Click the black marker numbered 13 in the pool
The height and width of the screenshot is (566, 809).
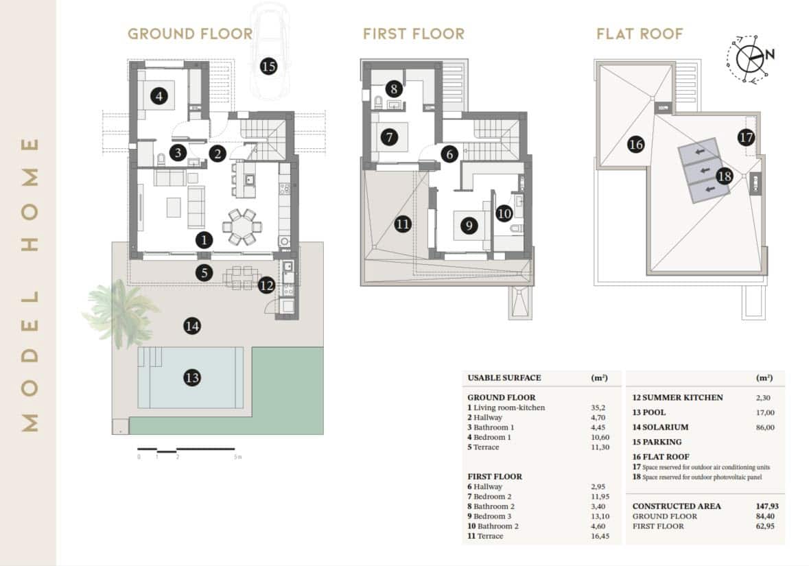pos(192,378)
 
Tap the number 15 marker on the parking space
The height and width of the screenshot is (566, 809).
pos(268,67)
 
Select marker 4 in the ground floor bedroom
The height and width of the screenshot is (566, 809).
pos(159,96)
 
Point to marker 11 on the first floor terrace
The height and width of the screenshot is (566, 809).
pos(402,224)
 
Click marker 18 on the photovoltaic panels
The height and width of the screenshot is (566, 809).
pos(725,176)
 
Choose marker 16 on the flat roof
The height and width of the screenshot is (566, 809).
pos(635,145)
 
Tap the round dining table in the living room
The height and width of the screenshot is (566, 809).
pos(242,226)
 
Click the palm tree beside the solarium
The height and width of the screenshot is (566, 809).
pos(119,313)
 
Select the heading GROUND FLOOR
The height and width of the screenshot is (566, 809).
pos(190,34)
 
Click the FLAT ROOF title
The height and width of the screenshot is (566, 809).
pos(640,34)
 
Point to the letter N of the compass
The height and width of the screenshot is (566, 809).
pos(770,54)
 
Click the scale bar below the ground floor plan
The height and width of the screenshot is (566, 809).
pos(186,449)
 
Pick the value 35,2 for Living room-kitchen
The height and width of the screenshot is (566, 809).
pos(598,408)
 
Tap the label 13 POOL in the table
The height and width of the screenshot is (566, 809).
pos(649,412)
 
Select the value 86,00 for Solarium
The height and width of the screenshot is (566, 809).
pos(765,427)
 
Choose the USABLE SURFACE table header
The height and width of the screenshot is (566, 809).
pos(504,378)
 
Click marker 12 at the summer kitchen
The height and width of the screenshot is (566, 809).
pos(266,285)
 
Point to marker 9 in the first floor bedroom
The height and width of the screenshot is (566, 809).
pos(469,226)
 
